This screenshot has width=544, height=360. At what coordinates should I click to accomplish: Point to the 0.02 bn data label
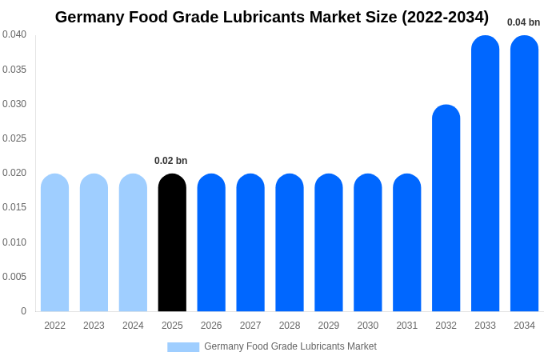coord(170,161)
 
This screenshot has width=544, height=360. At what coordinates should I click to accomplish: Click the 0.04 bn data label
coord(523,22)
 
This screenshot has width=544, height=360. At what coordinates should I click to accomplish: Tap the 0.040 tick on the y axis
coord(14,34)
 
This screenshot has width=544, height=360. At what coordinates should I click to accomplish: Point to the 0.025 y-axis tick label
coord(14,138)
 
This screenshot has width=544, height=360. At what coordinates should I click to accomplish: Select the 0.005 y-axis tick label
coord(14,277)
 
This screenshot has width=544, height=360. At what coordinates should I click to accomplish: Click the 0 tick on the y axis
coord(23,311)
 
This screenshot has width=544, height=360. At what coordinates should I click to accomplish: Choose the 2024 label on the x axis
coord(133,326)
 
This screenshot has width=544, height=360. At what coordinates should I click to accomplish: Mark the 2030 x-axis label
coord(368,326)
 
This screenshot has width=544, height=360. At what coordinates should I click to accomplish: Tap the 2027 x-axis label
coord(250,326)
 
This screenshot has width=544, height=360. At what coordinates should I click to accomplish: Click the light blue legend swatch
coord(182,347)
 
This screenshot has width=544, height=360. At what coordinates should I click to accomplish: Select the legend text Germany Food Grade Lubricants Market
coord(290,346)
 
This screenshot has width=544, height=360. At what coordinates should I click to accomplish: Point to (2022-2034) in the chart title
coord(445,17)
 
